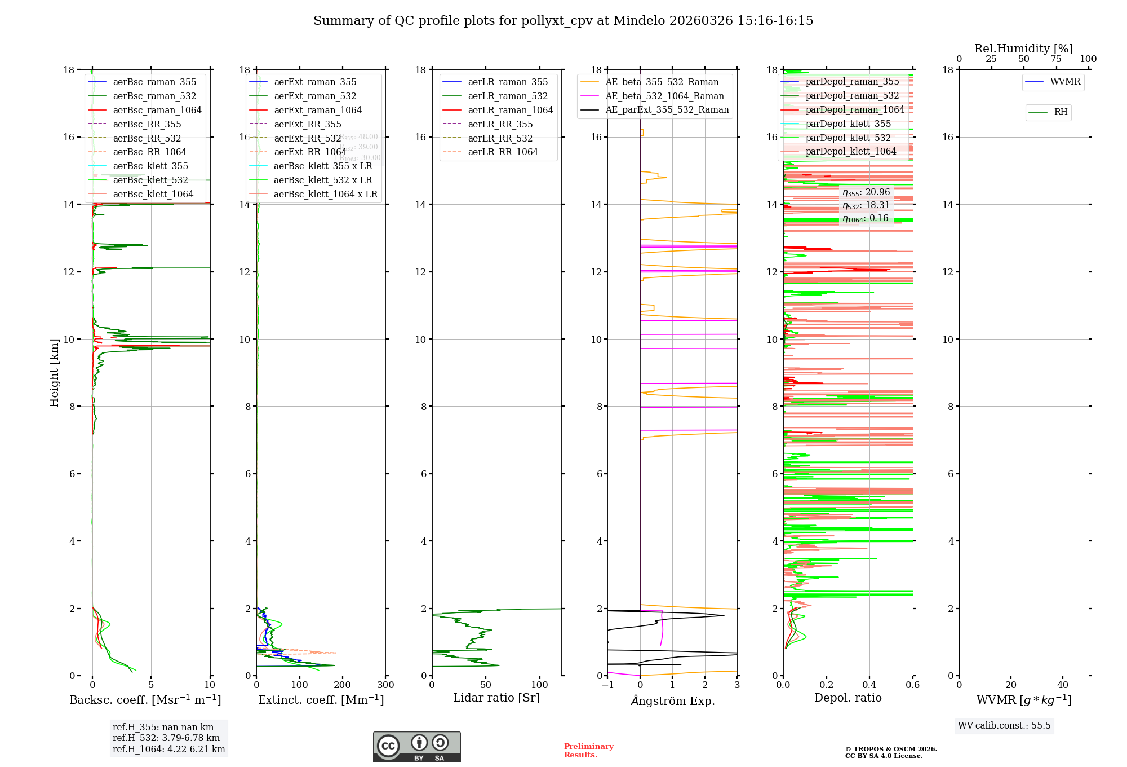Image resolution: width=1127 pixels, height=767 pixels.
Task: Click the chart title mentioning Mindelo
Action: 563,21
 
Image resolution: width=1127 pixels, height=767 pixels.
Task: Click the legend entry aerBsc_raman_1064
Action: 157,110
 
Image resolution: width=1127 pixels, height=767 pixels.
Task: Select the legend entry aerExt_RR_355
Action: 308,124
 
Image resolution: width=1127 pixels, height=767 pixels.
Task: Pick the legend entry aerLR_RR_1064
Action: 503,152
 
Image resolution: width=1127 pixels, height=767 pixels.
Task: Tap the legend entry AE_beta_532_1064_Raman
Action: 664,96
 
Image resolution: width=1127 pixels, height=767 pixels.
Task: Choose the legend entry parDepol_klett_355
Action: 848,124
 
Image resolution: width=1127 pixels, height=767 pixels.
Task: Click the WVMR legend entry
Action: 1065,82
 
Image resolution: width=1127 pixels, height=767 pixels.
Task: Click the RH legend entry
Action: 1061,112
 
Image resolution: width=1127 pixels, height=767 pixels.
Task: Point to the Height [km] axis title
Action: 54,372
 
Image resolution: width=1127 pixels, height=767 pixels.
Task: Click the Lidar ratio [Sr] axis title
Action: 496,698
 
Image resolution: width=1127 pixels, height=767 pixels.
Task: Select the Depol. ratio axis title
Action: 848,698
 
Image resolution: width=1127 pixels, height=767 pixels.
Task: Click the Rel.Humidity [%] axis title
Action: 1023,49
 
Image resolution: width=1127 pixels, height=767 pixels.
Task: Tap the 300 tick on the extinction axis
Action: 385,685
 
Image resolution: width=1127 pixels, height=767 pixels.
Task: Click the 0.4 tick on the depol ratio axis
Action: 869,685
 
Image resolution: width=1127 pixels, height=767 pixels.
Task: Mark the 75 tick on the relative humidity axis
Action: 1056,59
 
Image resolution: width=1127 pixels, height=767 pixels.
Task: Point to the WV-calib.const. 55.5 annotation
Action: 1004,725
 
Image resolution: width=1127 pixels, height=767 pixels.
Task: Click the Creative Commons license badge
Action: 416,747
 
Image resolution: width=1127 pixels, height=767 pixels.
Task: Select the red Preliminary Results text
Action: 588,750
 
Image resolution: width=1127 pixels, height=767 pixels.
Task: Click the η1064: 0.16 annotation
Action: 866,218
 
